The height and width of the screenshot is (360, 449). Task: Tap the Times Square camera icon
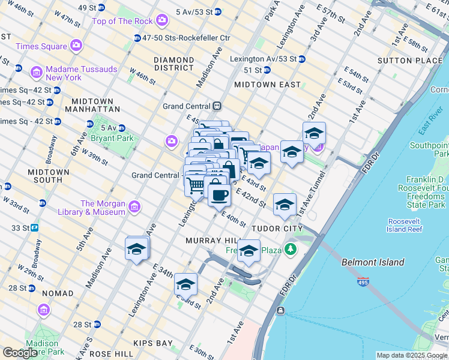coord(76,46)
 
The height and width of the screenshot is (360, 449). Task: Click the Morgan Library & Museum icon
coord(134,207)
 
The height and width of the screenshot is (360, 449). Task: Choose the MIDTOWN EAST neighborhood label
coord(267,85)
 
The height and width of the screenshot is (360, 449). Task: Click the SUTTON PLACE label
coord(410,61)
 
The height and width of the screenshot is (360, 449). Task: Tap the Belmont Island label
coord(373,262)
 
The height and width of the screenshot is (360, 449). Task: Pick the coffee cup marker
coord(219,194)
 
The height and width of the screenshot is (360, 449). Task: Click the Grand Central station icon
coord(217,106)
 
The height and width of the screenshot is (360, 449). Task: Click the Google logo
coord(20,353)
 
